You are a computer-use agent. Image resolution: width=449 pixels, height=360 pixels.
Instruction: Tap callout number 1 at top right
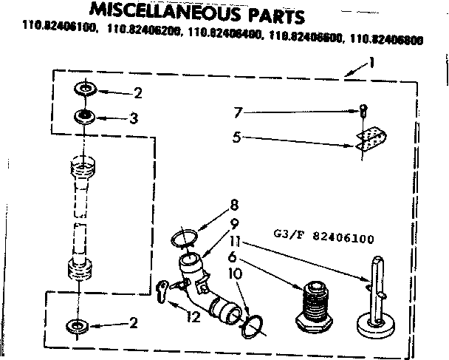pyautogui.click(x=372, y=64)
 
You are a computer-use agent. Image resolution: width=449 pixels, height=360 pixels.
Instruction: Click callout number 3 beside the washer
pyautogui.click(x=134, y=117)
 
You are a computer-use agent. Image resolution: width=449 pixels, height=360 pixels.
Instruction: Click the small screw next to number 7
pyautogui.click(x=363, y=112)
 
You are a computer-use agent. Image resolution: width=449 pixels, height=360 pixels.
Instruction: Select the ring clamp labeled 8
pyautogui.click(x=185, y=238)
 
